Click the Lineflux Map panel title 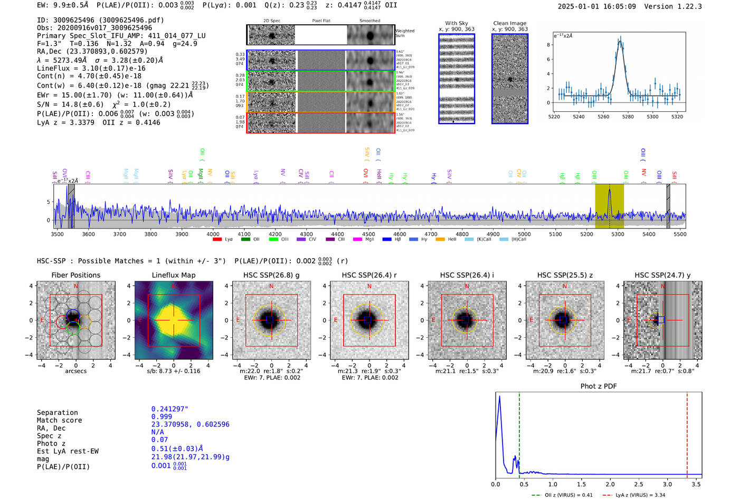(x=173, y=275)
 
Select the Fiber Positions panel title (x=75, y=275)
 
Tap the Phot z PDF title (x=598, y=386)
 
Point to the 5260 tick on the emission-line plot (x=603, y=117)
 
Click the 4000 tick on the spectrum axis (x=213, y=234)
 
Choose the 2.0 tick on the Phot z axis (x=610, y=484)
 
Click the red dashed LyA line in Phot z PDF (x=687, y=433)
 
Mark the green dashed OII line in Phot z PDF (x=519, y=433)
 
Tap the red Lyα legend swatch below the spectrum (x=217, y=240)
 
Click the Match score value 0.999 (x=162, y=416)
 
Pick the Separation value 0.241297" (x=169, y=409)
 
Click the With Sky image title (x=456, y=23)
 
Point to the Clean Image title (x=509, y=23)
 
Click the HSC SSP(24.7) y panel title (x=662, y=275)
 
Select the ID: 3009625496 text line (x=100, y=20)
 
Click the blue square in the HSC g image (x=270, y=320)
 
